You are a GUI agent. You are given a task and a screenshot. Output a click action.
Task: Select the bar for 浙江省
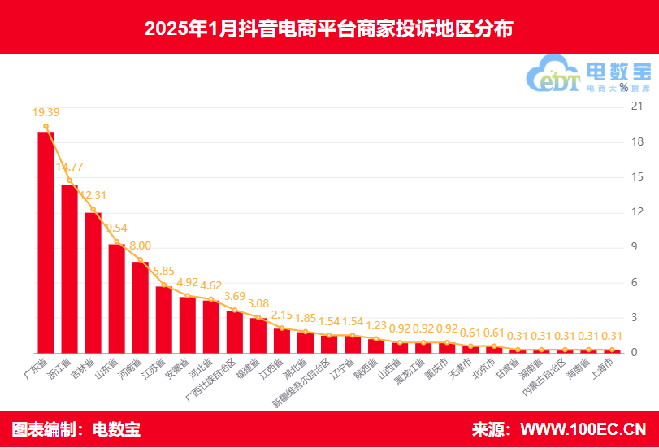point(70,268)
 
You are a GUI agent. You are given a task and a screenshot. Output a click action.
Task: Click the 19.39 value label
point(46,112)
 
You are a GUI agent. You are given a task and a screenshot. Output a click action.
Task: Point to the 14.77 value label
point(70,167)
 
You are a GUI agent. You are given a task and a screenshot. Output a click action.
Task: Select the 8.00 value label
point(140,246)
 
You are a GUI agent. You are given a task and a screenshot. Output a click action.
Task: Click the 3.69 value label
point(235,296)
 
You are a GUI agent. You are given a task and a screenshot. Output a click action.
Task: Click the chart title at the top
point(329,28)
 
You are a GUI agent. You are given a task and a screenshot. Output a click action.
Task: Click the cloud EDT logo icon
point(553,75)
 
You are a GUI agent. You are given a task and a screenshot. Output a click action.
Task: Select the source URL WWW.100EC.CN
point(583,428)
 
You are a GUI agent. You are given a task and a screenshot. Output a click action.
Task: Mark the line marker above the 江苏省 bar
point(164,286)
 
